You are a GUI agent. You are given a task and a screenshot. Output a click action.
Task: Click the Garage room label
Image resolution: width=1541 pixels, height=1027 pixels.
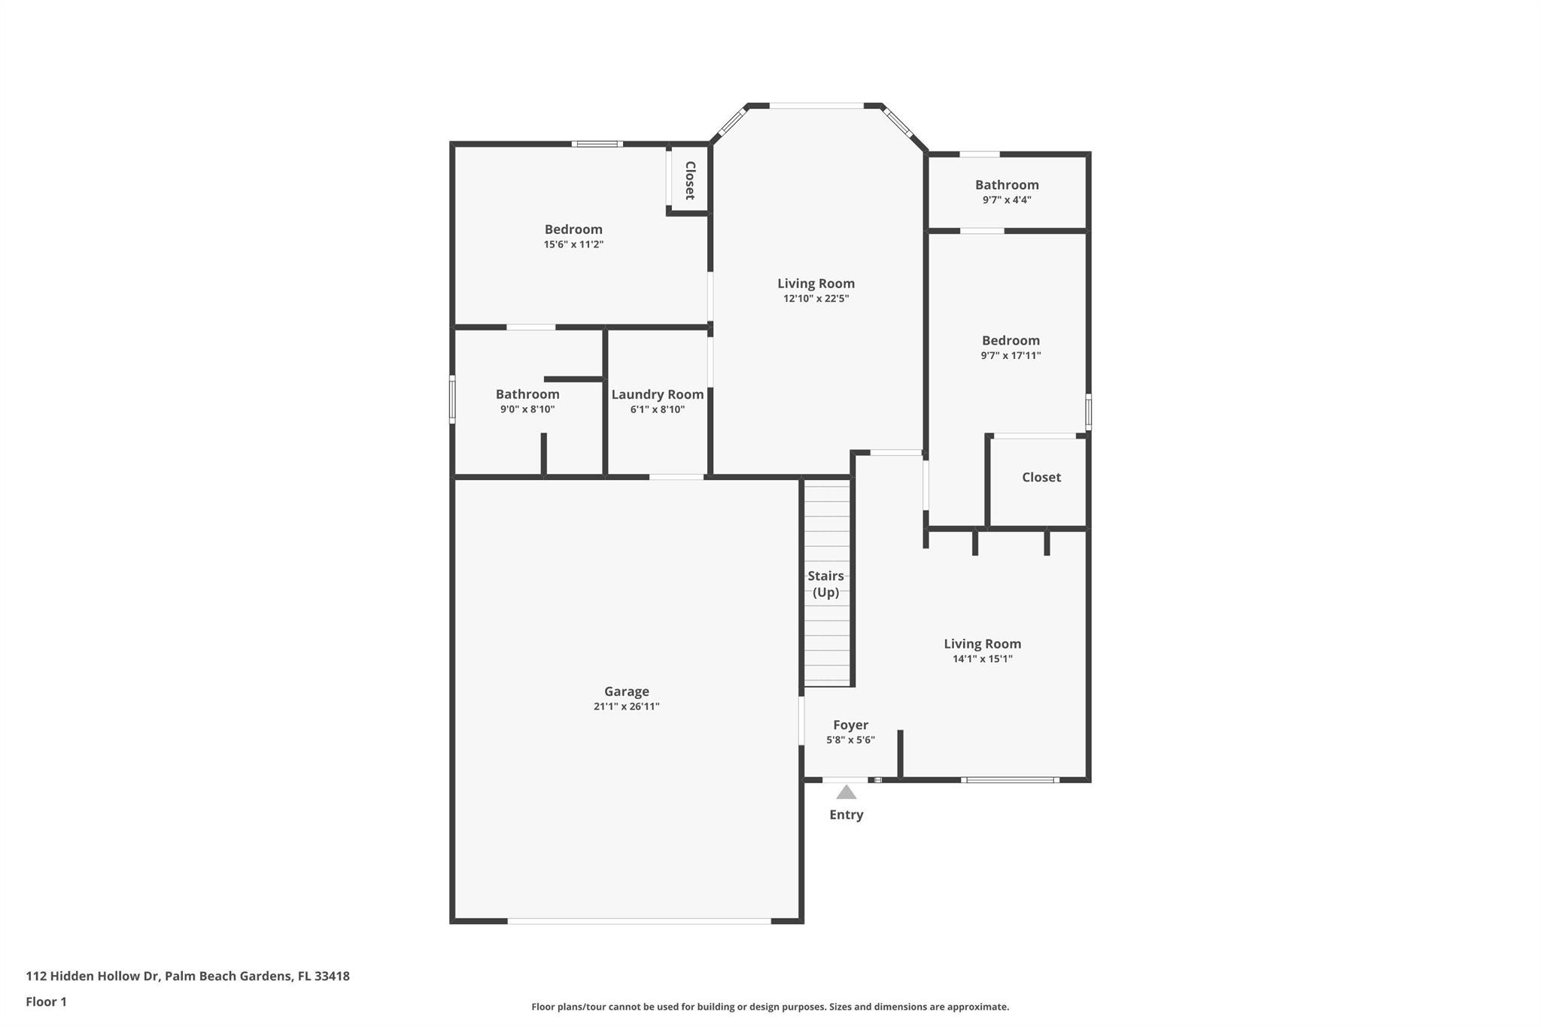pos(626,691)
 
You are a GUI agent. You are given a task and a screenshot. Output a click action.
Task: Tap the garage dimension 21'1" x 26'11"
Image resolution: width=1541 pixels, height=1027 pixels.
pos(626,706)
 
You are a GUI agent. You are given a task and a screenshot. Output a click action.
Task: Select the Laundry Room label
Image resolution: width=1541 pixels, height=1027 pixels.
pos(657,394)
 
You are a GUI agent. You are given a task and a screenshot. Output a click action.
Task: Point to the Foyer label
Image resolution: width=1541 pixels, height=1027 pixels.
pos(850,725)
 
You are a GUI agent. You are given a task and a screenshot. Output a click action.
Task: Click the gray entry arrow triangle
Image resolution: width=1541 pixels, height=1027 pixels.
pos(846,792)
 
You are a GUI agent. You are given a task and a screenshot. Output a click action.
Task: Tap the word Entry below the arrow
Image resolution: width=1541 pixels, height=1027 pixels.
pos(846,814)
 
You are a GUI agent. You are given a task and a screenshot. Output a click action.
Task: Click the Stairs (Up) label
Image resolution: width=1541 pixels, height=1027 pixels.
pos(825,584)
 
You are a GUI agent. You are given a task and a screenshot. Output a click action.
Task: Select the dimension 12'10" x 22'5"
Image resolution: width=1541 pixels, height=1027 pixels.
pos(816,299)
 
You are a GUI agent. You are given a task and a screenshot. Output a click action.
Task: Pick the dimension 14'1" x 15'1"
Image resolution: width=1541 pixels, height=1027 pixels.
pos(982,659)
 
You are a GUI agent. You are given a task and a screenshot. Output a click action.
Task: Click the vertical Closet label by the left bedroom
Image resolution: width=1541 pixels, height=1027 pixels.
pos(689,181)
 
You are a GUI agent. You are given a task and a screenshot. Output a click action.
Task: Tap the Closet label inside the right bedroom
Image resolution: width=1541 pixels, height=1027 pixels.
pos(1041,477)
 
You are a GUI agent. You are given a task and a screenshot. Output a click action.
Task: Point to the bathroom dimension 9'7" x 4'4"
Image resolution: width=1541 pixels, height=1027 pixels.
pos(1006,200)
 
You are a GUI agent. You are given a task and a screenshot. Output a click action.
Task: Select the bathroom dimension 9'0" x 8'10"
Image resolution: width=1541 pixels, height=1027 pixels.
pos(527,409)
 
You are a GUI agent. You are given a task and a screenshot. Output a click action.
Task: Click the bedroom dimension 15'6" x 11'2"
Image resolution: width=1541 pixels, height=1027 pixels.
pos(573,245)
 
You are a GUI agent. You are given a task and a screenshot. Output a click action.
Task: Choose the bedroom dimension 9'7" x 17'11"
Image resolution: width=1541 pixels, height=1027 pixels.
pos(1010,356)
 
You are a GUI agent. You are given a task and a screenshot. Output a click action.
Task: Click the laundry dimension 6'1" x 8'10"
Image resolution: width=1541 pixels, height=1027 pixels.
pos(657,409)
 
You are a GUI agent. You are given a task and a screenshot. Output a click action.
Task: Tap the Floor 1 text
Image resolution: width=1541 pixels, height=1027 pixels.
pos(46,1001)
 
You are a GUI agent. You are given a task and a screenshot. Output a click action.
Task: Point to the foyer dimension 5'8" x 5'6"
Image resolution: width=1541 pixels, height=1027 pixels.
pos(850,740)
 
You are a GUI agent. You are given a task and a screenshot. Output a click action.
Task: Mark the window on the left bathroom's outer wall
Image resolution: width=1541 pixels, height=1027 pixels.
pos(452,399)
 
